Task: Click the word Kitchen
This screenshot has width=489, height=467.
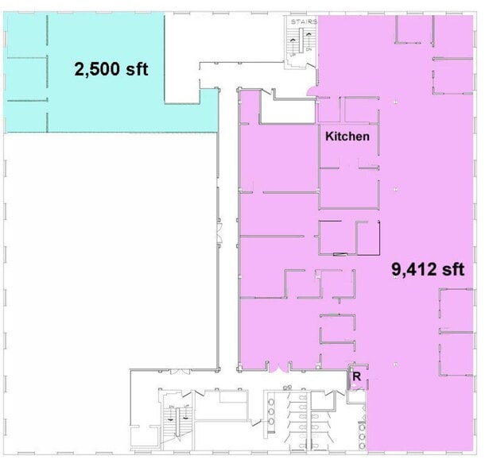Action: tap(347, 137)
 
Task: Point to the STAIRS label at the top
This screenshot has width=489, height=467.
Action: tap(304, 21)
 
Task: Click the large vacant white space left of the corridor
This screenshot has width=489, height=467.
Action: tap(111, 246)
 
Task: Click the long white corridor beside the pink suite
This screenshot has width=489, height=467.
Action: tap(229, 238)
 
